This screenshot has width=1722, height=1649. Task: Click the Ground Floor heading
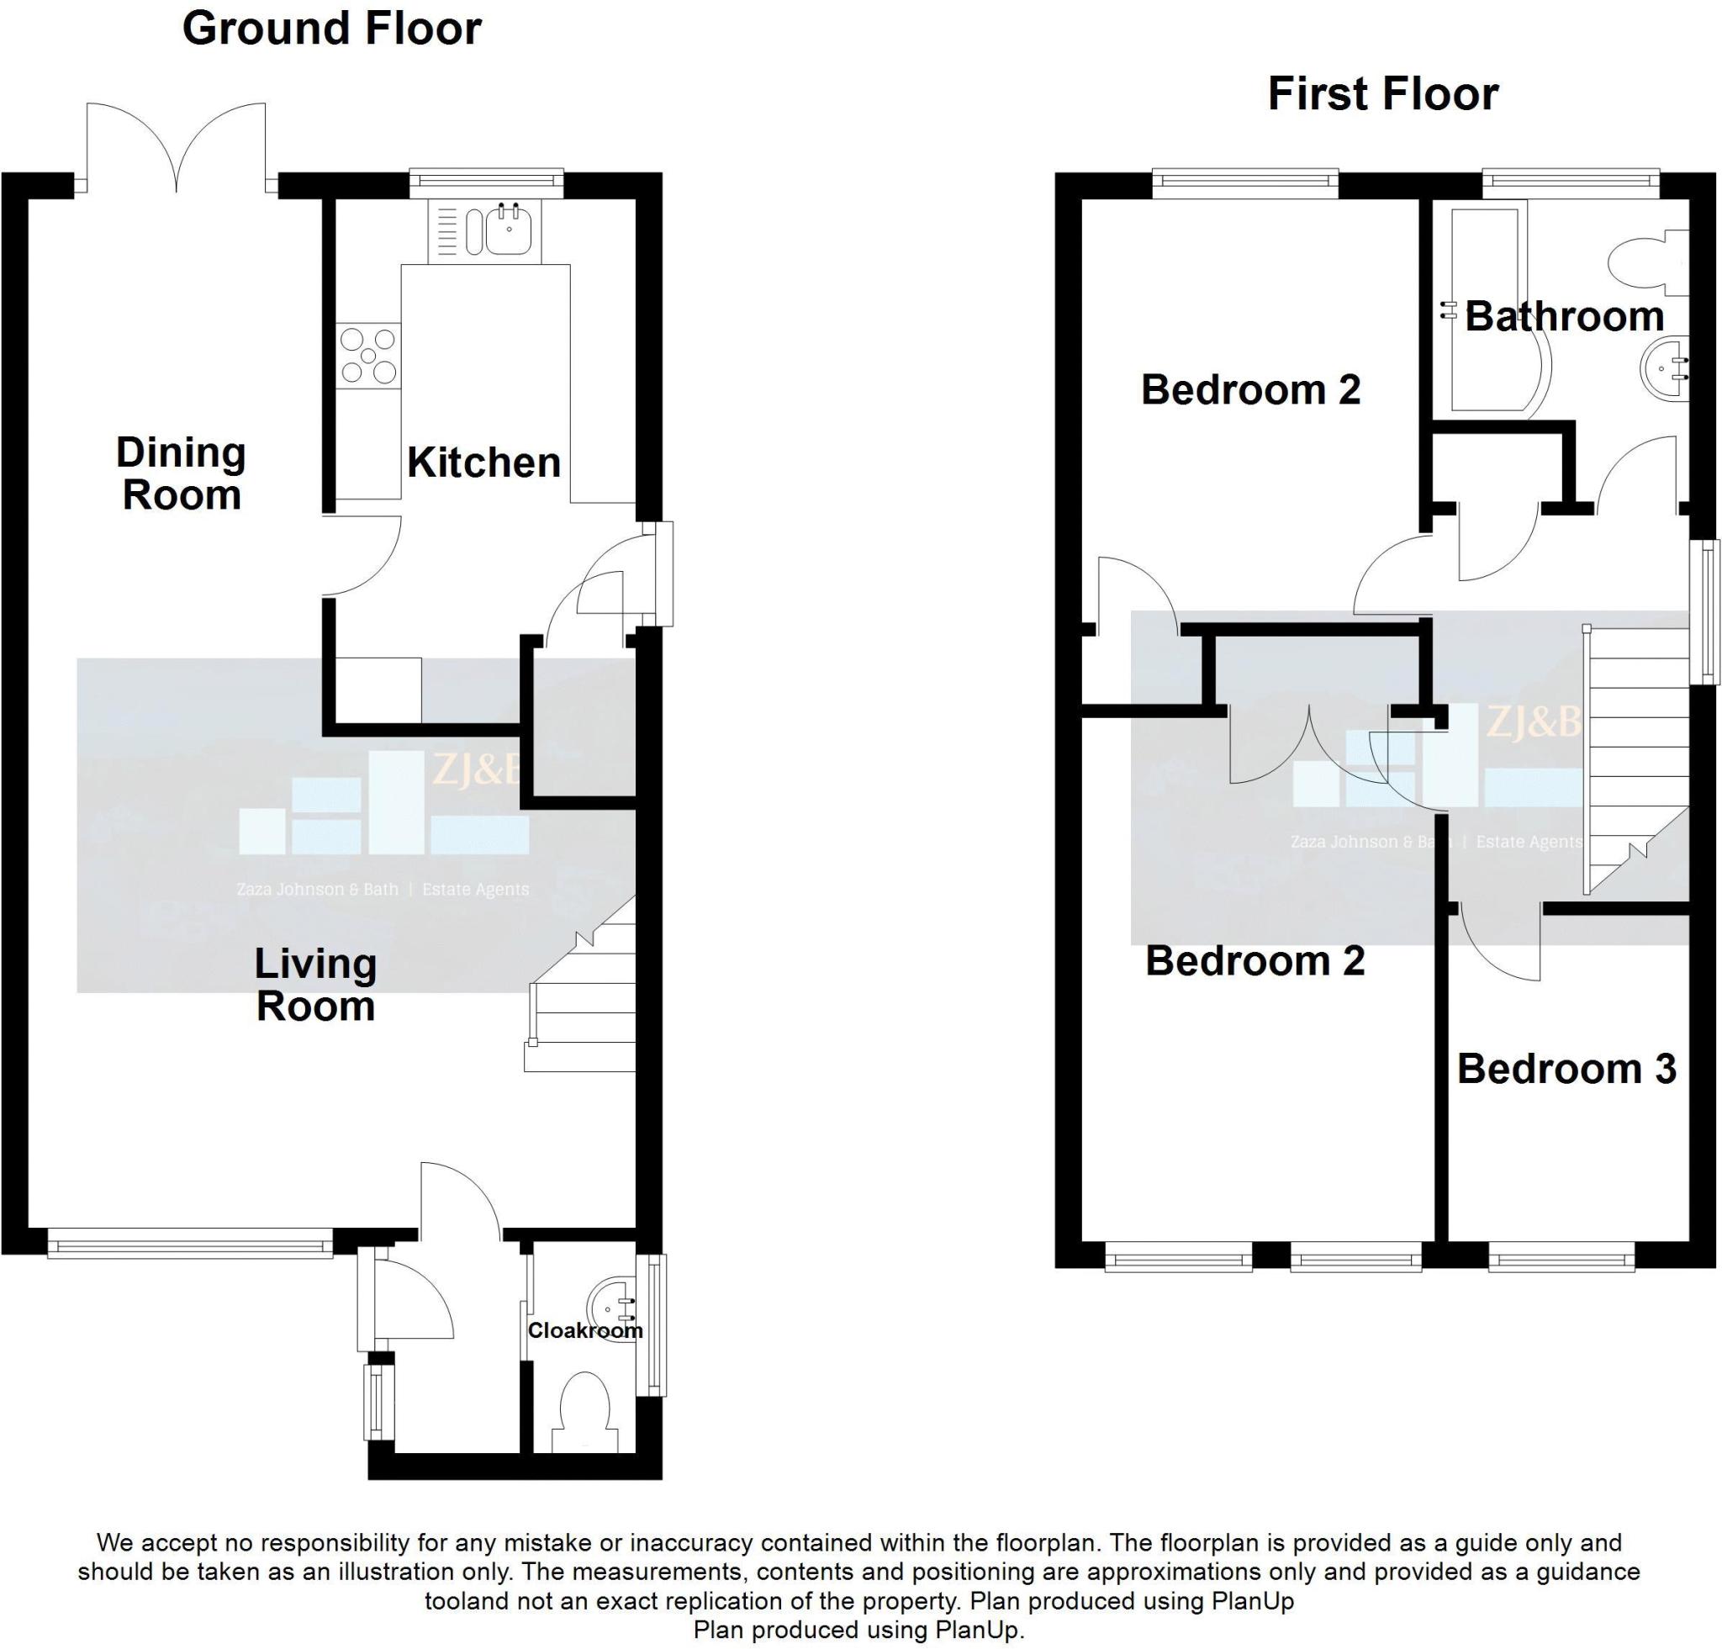point(331,28)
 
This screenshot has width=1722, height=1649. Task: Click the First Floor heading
point(1382,95)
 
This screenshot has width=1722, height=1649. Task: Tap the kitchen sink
point(485,230)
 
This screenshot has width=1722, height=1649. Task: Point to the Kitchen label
point(484,463)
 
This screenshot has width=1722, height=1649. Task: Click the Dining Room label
point(181,474)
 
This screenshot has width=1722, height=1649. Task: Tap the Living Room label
point(315,986)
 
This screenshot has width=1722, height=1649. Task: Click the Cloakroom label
point(585,1331)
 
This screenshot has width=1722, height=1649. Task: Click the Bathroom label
point(1564,316)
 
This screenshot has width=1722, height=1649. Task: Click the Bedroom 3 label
point(1566,1069)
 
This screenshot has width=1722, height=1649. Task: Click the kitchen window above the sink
point(486,180)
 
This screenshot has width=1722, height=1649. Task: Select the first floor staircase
point(1636,760)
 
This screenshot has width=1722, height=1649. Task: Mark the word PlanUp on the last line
point(975,1631)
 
